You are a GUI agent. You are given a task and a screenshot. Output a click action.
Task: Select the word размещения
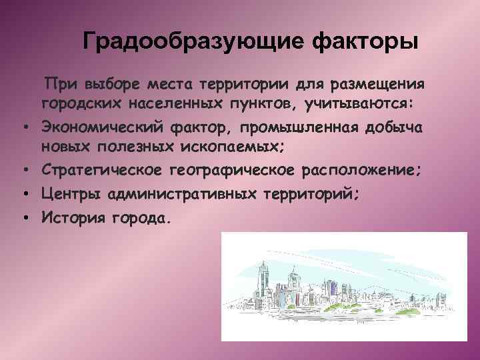tap(378, 85)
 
